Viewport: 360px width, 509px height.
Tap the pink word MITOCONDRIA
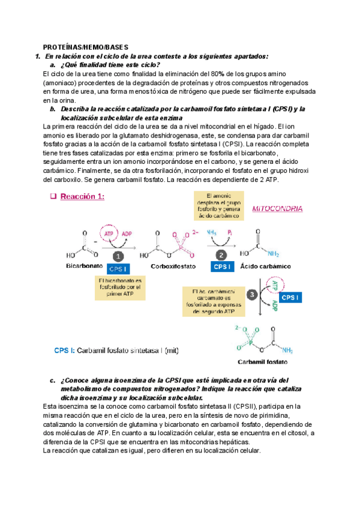pos(277,208)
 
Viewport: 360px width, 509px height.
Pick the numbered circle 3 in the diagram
pos(252,295)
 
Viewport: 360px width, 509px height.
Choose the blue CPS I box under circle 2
pos(222,267)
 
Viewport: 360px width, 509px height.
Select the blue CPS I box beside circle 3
pos(291,297)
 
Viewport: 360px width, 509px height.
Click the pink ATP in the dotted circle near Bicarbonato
pos(110,233)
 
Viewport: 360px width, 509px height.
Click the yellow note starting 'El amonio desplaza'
pos(218,205)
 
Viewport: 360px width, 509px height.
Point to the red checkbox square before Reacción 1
pos(52,196)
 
